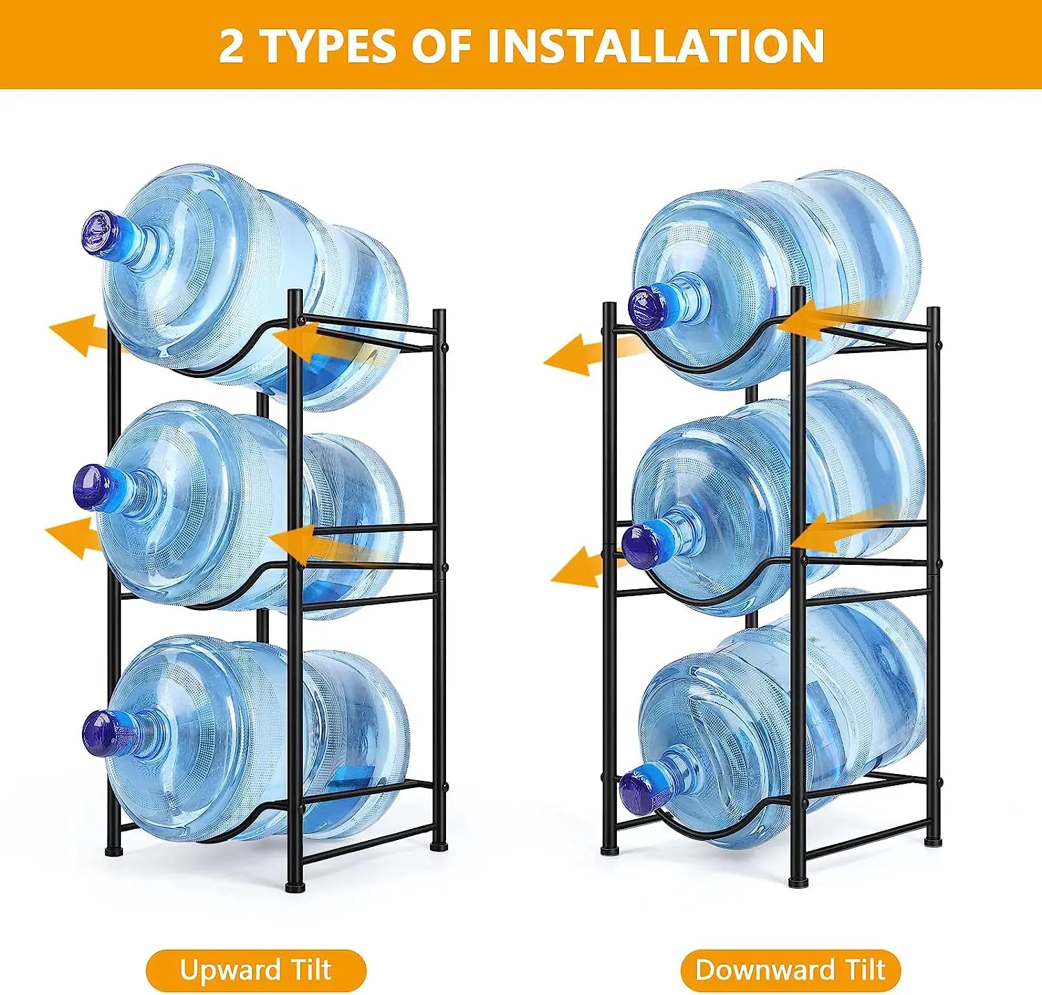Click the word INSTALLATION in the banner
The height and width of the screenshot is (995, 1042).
click(x=655, y=46)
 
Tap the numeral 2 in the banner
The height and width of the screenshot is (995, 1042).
click(x=231, y=47)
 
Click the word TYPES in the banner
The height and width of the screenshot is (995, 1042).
click(x=330, y=47)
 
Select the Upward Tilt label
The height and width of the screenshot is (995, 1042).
click(x=256, y=970)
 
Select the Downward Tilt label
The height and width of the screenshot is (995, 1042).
click(x=791, y=970)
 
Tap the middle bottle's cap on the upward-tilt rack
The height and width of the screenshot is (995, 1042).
click(x=93, y=487)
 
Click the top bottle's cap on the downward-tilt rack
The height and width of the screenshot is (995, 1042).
click(x=649, y=307)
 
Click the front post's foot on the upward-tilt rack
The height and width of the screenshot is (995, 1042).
click(x=295, y=887)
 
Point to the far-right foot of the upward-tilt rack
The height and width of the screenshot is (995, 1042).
click(x=439, y=846)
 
